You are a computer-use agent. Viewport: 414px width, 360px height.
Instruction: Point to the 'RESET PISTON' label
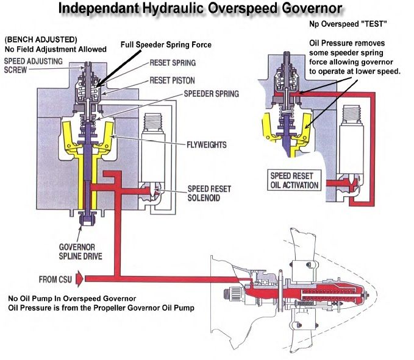(x=171, y=80)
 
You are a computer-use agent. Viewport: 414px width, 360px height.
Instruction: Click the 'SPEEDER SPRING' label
(x=184, y=94)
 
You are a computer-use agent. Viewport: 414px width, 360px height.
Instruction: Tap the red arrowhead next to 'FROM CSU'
(x=90, y=279)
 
